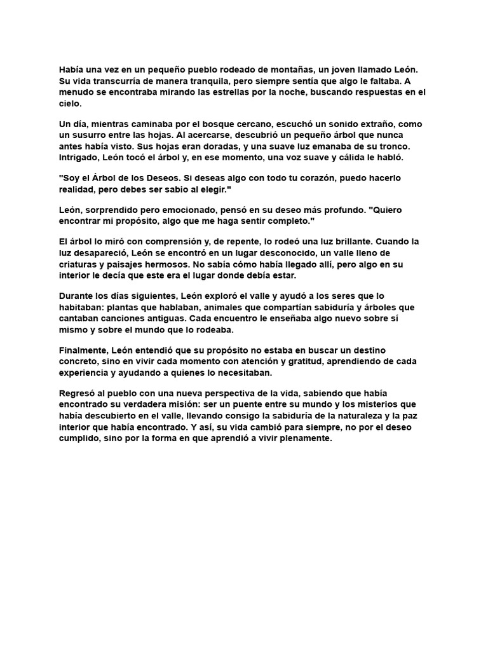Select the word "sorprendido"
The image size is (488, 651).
pos(119,209)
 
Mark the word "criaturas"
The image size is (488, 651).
pos(81,264)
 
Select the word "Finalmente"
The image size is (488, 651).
pos(84,350)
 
